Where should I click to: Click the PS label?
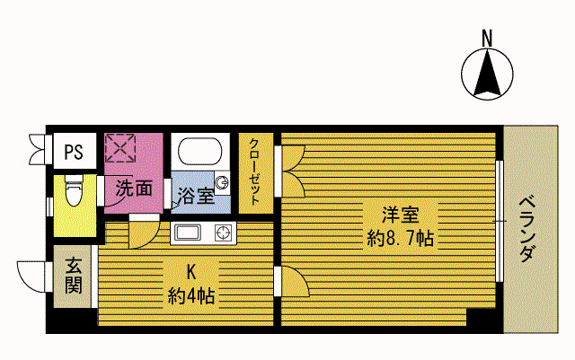click(74, 152)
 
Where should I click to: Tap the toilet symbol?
click(74, 190)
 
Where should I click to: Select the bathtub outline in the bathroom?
click(200, 152)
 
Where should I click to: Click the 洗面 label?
click(134, 189)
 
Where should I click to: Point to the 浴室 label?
click(197, 196)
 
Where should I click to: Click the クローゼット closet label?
click(255, 171)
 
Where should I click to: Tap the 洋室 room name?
click(401, 215)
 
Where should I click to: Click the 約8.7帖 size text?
click(401, 239)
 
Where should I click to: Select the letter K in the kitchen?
click(191, 272)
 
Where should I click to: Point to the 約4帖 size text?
click(191, 296)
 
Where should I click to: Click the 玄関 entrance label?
click(74, 276)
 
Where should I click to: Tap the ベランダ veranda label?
click(527, 229)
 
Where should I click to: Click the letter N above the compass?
click(487, 39)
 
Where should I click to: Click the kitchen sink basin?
click(188, 233)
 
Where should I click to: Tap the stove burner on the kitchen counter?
click(224, 233)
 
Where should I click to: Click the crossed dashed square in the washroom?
click(120, 148)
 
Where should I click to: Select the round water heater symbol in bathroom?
click(222, 182)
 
